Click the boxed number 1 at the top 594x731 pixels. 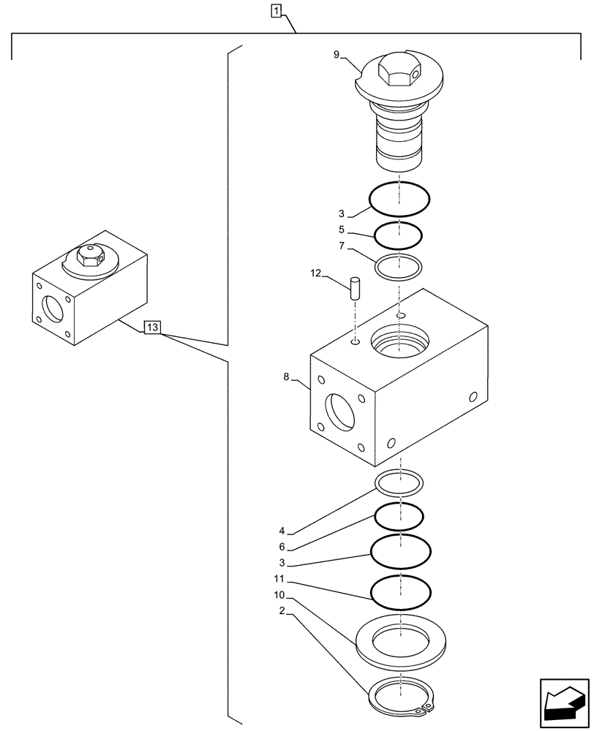275,10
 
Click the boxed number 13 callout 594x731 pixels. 151,327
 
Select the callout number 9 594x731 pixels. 336,54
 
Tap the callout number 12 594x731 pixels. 315,273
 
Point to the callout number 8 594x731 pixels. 286,378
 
